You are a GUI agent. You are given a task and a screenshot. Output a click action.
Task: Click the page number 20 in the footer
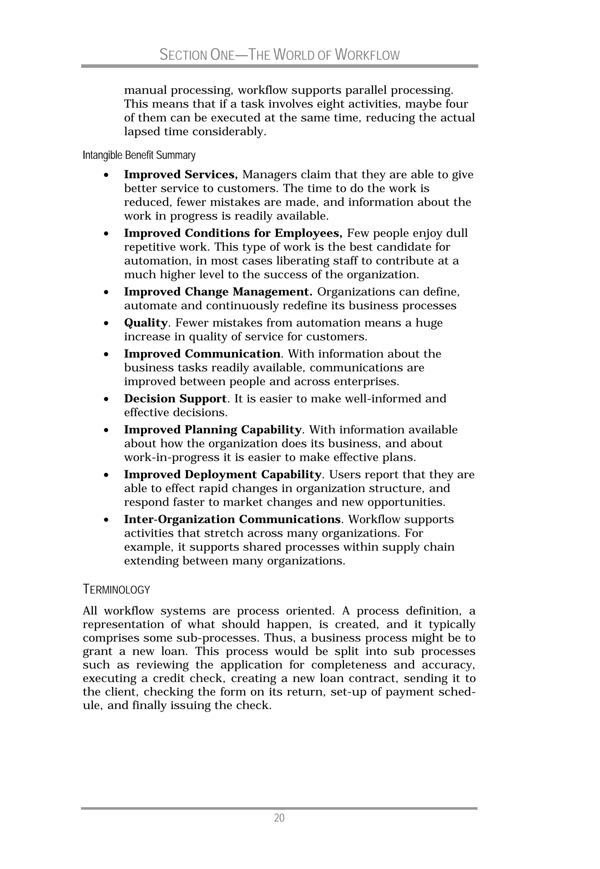pyautogui.click(x=279, y=817)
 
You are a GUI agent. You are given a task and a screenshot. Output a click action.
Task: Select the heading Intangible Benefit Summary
pyautogui.click(x=139, y=155)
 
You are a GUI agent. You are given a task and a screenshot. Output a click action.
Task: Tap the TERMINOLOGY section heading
pyautogui.click(x=116, y=589)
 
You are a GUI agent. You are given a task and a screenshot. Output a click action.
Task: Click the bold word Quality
pyautogui.click(x=146, y=323)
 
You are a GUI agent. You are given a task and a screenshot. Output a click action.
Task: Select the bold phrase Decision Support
pyautogui.click(x=175, y=398)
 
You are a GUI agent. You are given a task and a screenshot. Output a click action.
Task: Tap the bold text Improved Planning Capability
pyautogui.click(x=212, y=430)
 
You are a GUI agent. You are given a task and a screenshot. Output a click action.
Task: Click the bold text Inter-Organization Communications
pyautogui.click(x=232, y=519)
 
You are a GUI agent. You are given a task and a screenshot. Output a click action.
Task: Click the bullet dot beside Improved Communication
pyautogui.click(x=107, y=355)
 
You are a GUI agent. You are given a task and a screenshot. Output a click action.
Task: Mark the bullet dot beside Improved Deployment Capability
pyautogui.click(x=107, y=475)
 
